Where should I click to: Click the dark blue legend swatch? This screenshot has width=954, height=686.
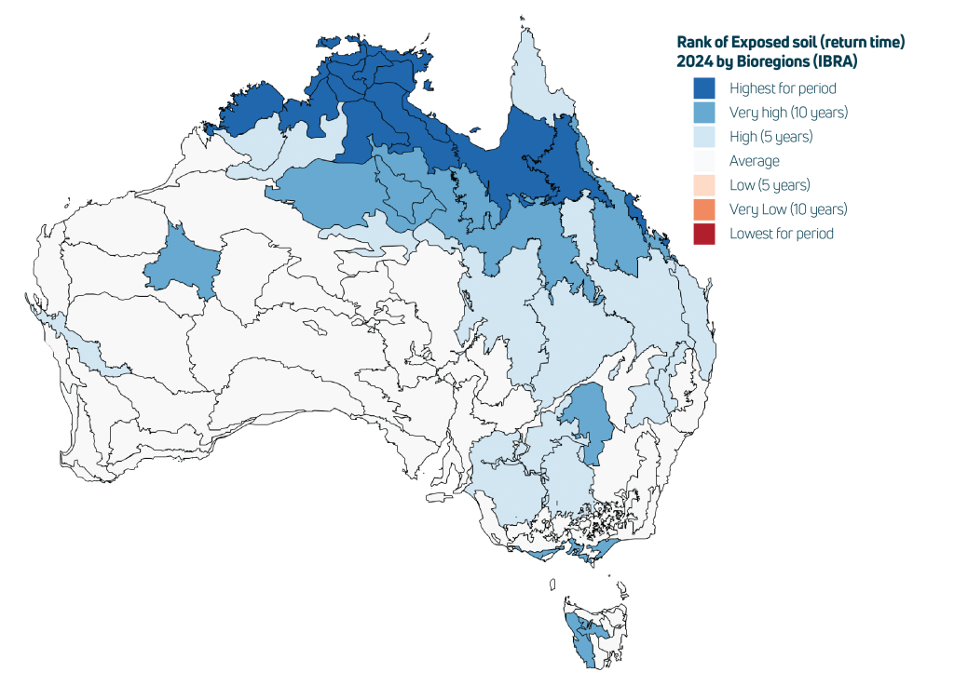tap(706, 87)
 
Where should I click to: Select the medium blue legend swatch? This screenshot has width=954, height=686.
tap(706, 113)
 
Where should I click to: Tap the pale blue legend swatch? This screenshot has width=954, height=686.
tap(706, 138)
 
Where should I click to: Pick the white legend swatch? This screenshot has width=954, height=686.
tap(706, 162)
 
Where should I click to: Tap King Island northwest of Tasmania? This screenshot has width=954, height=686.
tap(553, 585)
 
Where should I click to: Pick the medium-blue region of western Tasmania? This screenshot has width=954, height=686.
tap(580, 642)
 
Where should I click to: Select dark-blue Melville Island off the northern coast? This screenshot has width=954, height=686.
tap(340, 41)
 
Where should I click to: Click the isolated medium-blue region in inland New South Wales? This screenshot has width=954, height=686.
tap(588, 418)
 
